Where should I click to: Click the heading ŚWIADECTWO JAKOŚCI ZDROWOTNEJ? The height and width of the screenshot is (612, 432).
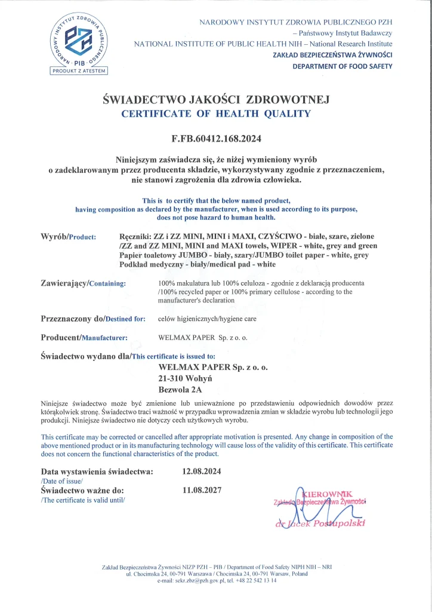click(216, 100)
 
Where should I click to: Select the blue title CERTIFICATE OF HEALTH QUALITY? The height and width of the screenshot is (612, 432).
click(216, 114)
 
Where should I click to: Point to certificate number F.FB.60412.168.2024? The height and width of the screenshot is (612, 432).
click(216, 139)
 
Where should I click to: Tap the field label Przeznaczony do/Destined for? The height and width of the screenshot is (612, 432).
click(92, 319)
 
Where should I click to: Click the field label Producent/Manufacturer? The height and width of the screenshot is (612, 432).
click(84, 337)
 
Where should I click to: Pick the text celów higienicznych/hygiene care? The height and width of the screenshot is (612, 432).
click(207, 319)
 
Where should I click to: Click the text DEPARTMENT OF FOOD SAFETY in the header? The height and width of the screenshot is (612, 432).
click(342, 66)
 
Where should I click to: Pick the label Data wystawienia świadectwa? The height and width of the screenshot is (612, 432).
click(97, 471)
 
